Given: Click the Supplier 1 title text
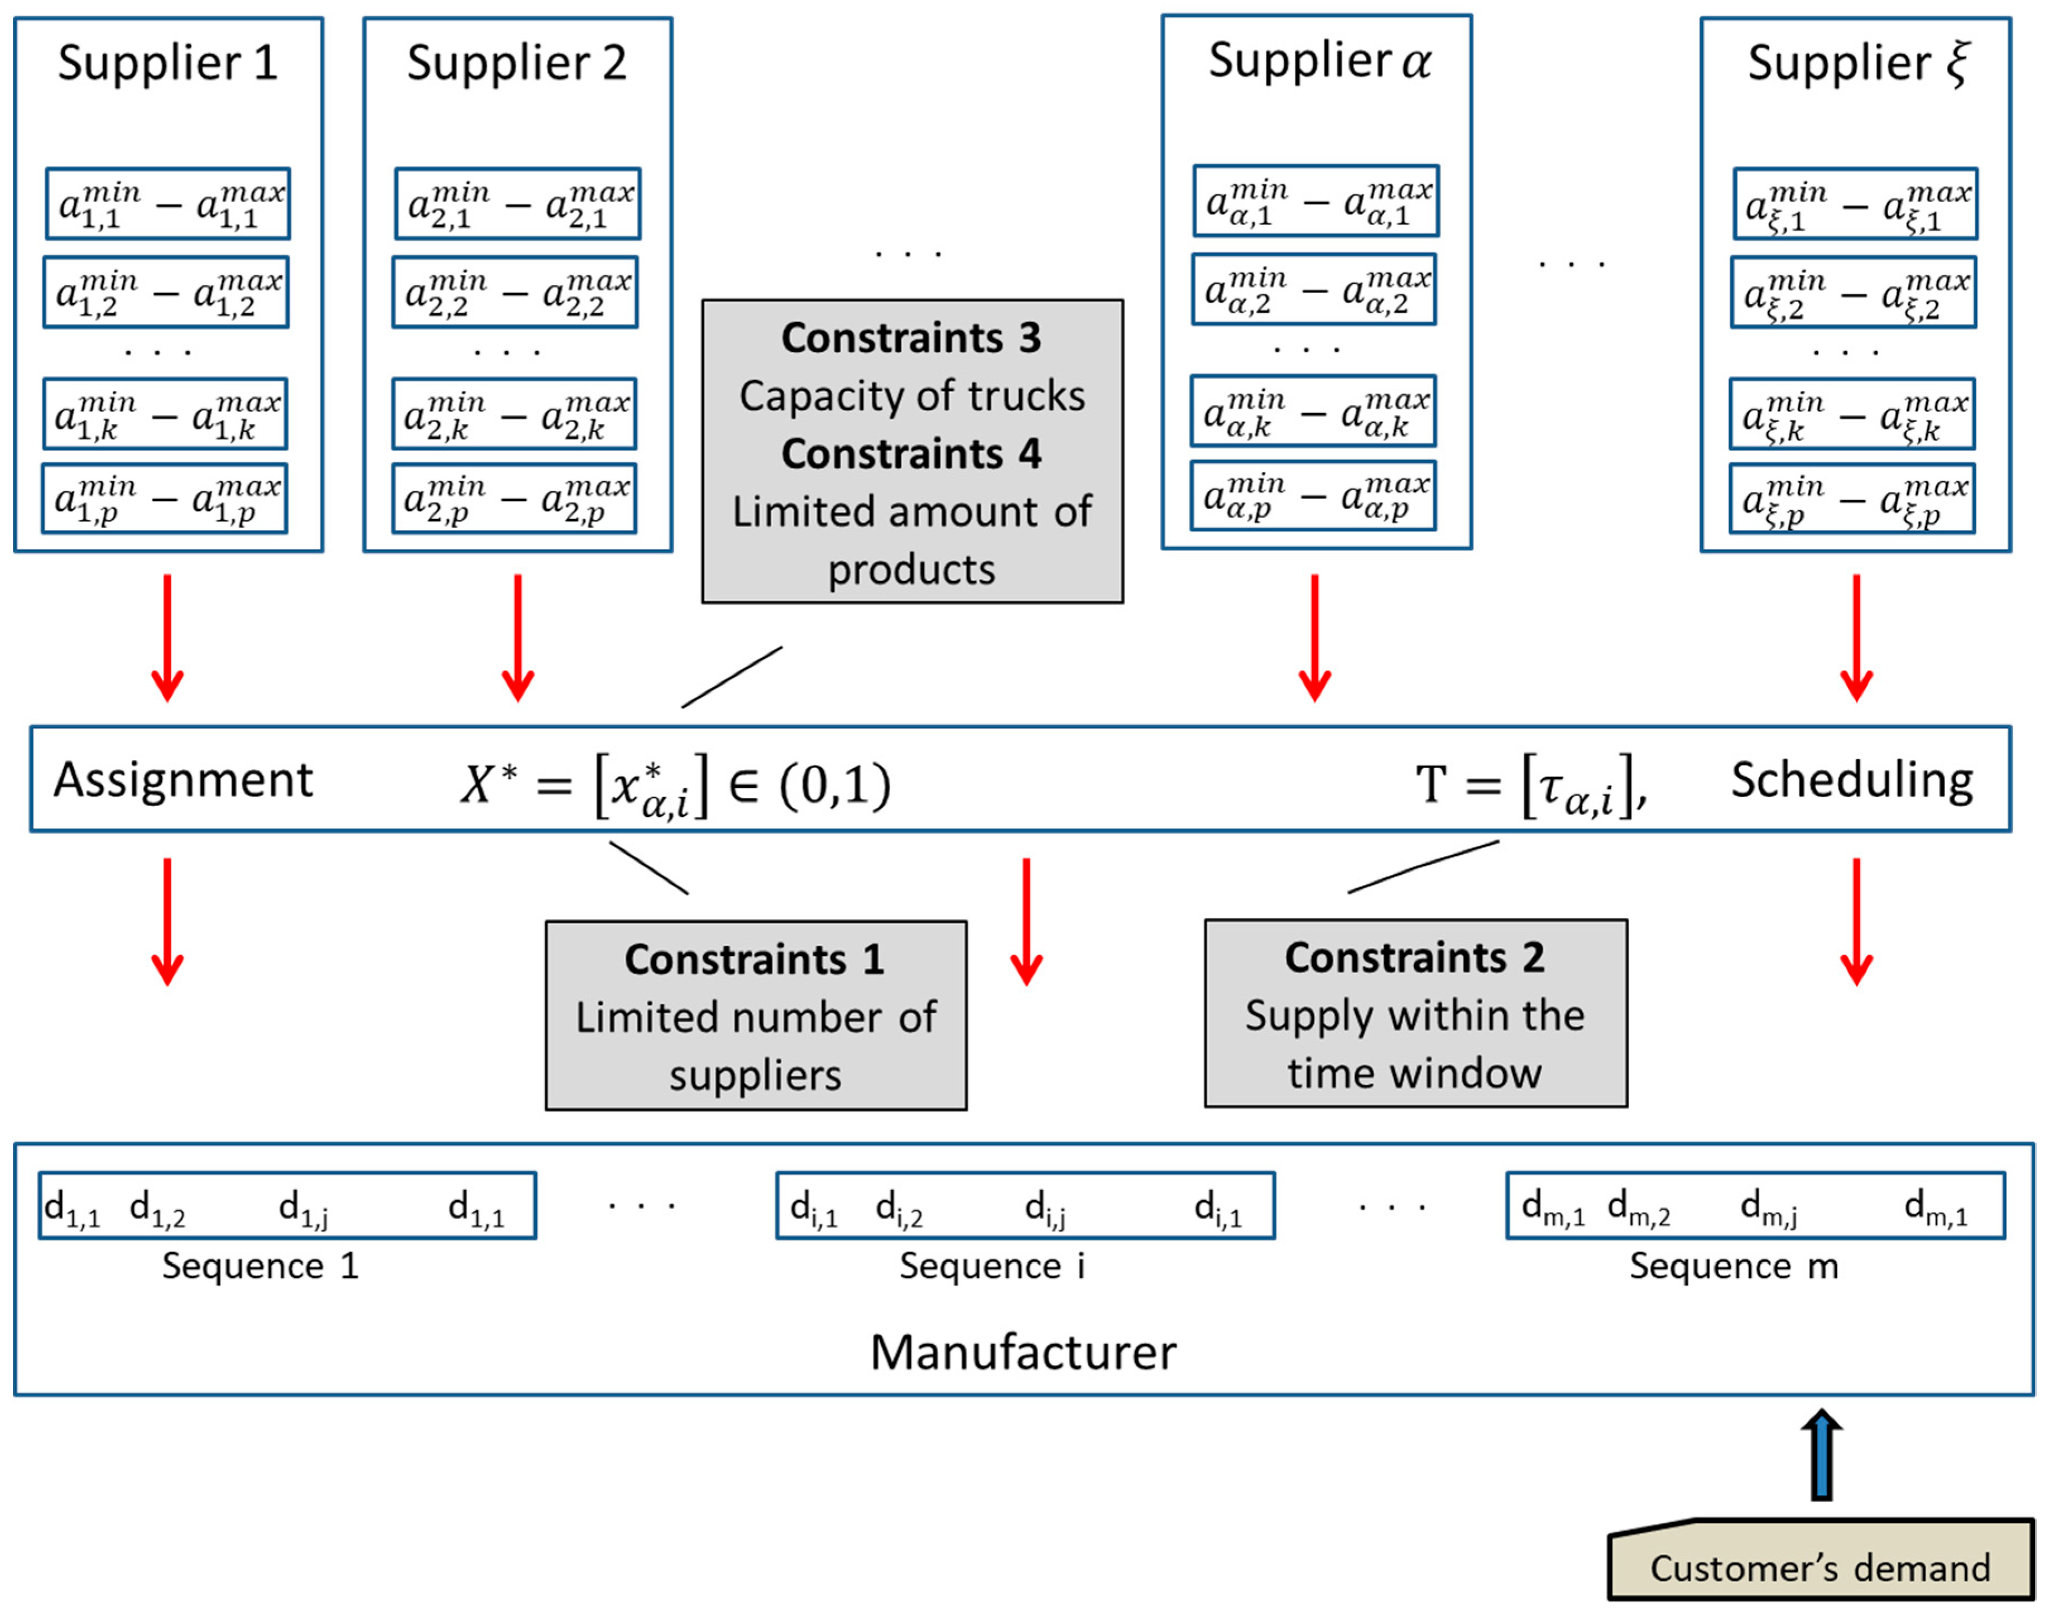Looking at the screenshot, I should (167, 63).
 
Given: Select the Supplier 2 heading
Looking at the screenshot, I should (516, 63).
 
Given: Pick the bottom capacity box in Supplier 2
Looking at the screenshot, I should (514, 498).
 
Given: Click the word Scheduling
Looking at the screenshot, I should (1851, 780).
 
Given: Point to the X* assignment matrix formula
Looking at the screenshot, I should (675, 784).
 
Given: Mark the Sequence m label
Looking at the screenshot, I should (1733, 1265).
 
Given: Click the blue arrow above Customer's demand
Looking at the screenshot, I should (1821, 1456).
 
